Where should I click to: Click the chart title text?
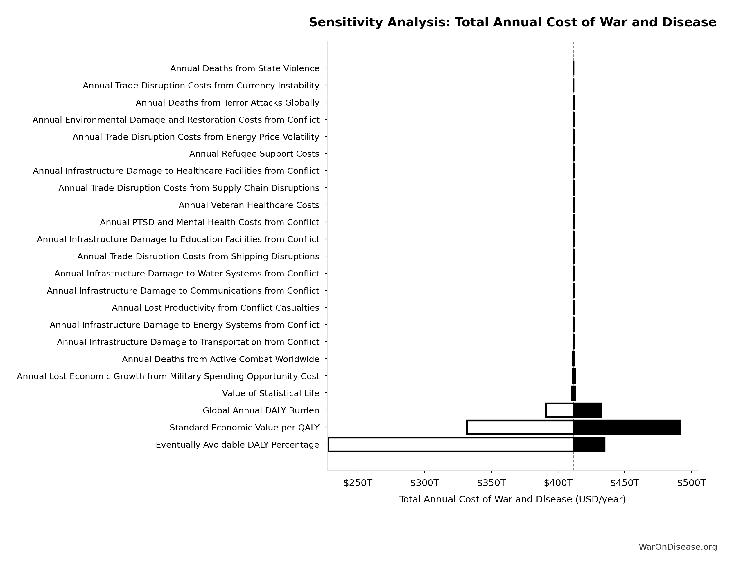click(512, 23)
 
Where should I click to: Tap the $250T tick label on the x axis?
click(358, 483)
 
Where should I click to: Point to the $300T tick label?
click(424, 483)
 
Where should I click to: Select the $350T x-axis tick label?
click(491, 483)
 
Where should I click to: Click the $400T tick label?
click(558, 483)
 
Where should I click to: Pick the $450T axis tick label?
click(624, 483)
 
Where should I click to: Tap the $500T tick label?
click(691, 483)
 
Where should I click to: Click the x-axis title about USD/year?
click(512, 500)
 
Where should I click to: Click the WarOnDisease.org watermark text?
click(678, 547)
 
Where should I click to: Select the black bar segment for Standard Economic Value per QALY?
click(627, 427)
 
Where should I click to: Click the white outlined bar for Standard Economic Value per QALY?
click(520, 427)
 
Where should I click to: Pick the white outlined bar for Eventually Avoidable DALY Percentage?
click(450, 444)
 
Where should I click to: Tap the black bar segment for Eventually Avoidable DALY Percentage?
click(589, 444)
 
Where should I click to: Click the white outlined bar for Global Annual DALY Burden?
click(559, 410)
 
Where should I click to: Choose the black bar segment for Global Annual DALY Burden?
click(588, 410)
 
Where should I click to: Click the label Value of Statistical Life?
click(270, 393)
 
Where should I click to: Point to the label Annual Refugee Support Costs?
click(254, 154)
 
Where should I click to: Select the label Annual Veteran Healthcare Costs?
click(249, 205)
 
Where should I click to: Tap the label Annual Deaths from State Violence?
click(245, 69)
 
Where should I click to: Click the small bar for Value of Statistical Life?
click(574, 393)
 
